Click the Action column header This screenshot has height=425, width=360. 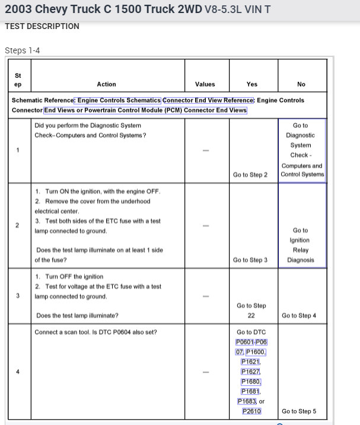(106, 84)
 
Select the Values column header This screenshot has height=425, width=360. (205, 84)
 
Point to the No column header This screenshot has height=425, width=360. (301, 84)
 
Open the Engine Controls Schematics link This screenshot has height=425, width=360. (117, 100)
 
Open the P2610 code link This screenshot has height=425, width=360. (251, 411)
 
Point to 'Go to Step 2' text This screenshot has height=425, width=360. (250, 175)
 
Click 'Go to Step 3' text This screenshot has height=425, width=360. (250, 260)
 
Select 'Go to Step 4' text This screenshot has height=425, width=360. (299, 315)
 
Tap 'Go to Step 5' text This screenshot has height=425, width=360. (299, 411)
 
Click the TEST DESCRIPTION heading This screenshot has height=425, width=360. (42, 26)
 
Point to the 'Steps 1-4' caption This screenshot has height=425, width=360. (22, 50)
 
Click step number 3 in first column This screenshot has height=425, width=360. (18, 295)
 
